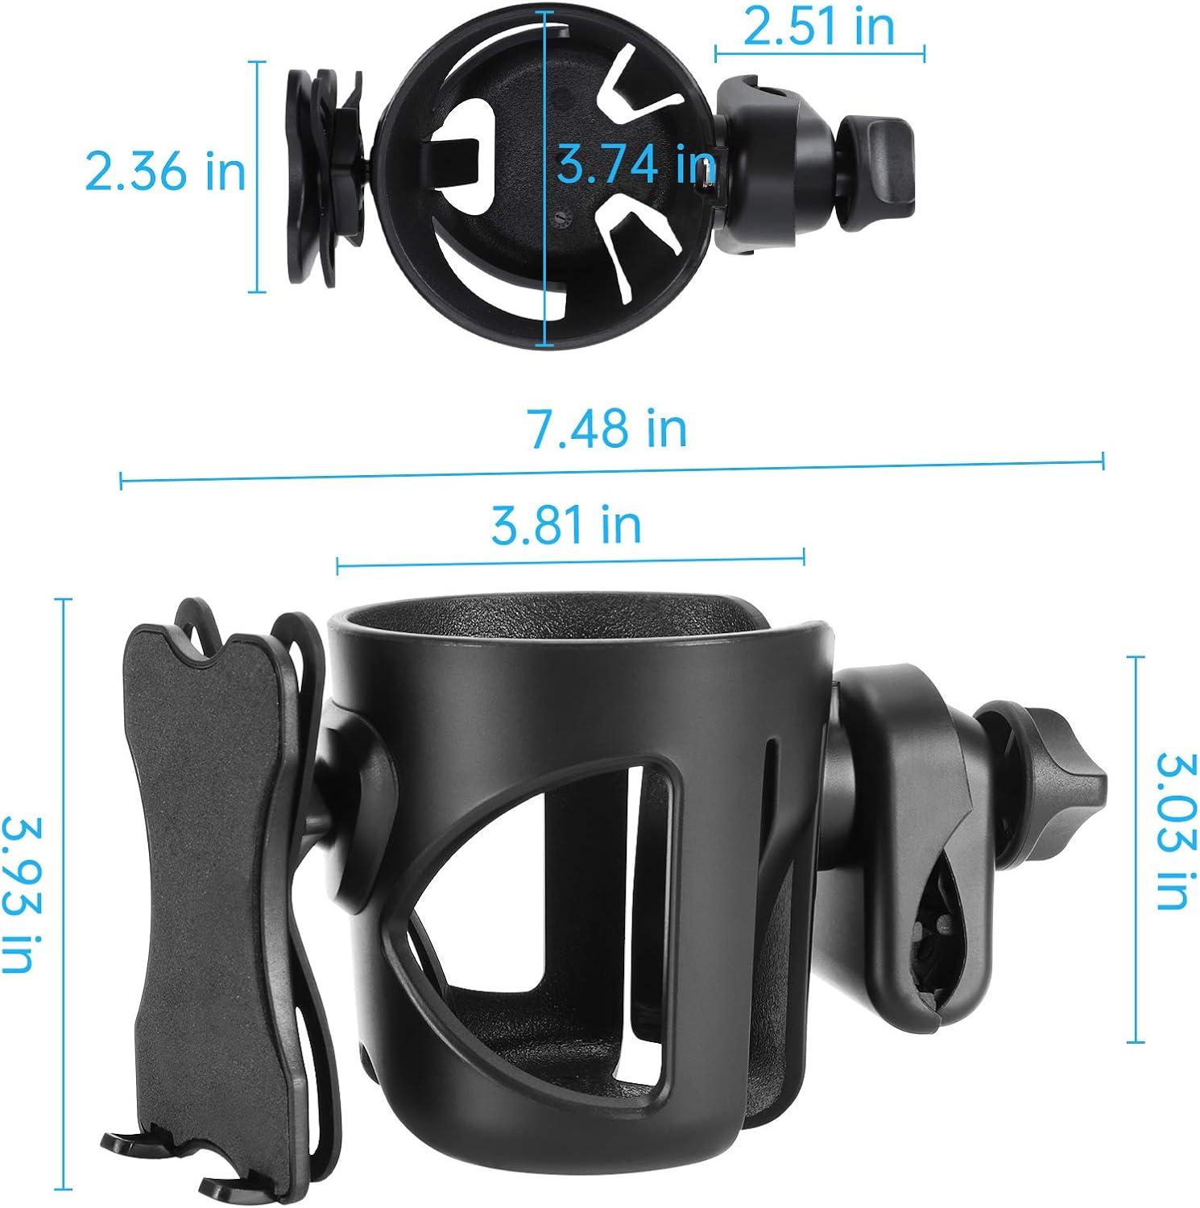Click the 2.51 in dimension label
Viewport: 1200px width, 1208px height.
tap(819, 27)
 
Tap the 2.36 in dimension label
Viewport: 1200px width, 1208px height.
tap(165, 172)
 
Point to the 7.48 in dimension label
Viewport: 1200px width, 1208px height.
tap(606, 428)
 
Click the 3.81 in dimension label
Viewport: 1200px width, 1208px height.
tap(566, 524)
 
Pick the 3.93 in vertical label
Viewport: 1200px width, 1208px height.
tap(22, 894)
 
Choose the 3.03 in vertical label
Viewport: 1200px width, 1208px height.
tap(1172, 829)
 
